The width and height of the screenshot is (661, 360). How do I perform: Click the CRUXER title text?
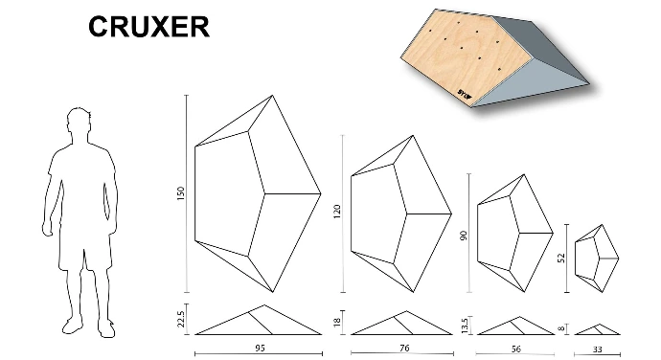148,27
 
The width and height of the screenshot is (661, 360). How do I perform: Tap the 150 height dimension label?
181,193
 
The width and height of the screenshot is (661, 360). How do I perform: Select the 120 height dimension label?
337,212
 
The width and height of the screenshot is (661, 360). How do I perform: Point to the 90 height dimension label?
464,236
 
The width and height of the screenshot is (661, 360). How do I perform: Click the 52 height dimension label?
561,258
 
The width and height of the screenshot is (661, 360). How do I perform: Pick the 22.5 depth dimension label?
181,319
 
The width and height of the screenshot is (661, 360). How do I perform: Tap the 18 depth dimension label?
336,323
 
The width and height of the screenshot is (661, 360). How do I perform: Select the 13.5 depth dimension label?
464,326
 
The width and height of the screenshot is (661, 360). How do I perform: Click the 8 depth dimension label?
561,328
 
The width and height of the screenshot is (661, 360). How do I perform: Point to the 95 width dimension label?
261,349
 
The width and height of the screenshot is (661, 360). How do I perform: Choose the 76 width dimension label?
404,349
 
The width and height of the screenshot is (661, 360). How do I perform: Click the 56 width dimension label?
516,349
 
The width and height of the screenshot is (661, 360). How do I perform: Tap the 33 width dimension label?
598,349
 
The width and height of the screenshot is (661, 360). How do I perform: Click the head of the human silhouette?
79,121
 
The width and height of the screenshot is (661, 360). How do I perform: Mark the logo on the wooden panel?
465,93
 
